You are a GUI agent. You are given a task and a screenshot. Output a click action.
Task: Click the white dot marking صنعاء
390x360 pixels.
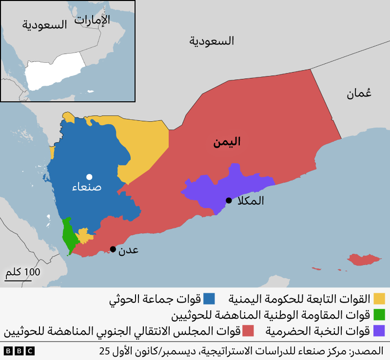[89, 177]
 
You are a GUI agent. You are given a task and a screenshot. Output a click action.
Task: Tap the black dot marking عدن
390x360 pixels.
[113, 249]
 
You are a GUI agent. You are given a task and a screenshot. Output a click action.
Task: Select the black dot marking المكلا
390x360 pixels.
[228, 200]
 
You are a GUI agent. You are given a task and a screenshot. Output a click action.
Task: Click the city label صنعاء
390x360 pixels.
[86, 187]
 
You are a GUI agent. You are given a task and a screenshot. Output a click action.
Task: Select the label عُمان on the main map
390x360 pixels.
[359, 93]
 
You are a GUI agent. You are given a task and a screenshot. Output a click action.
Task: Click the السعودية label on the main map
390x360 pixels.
[212, 41]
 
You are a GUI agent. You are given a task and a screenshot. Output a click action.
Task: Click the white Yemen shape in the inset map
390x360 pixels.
[54, 73]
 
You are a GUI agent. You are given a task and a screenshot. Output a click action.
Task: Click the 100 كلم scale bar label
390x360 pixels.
[23, 272]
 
